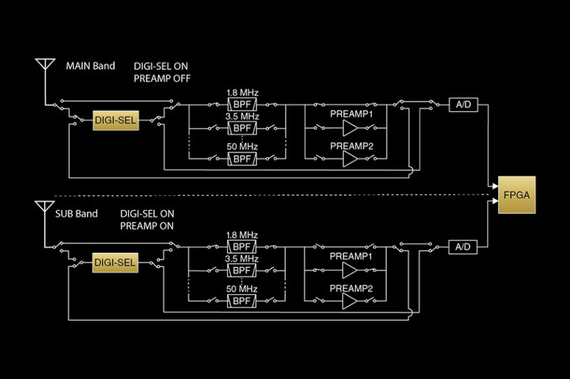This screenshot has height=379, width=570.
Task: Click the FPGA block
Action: pos(517,193)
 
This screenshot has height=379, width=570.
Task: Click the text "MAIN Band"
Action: pos(90,66)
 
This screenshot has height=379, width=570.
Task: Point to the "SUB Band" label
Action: pos(76,213)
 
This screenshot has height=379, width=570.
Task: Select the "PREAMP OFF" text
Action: pos(162,78)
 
